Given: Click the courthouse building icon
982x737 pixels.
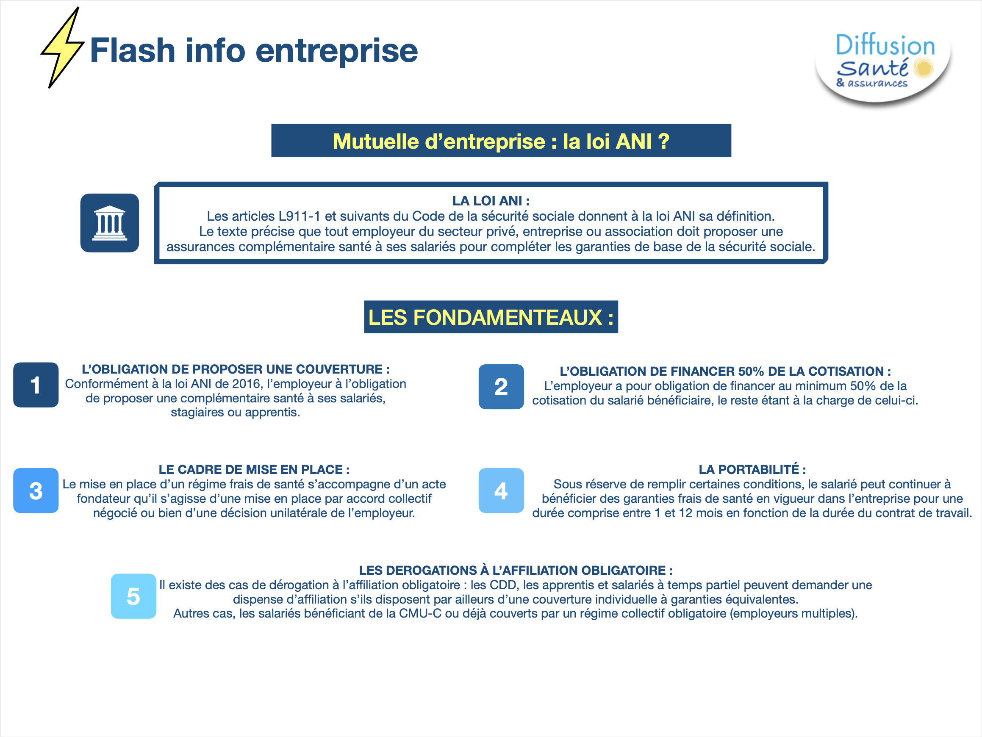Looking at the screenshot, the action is click(x=110, y=223).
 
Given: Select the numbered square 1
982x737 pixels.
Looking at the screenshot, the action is click(x=36, y=385).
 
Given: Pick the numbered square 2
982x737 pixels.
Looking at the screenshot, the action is click(x=501, y=387).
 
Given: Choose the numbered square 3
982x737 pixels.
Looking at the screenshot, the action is click(x=36, y=490).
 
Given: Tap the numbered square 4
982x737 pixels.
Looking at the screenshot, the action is click(x=501, y=490).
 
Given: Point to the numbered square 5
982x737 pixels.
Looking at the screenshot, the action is click(x=133, y=596).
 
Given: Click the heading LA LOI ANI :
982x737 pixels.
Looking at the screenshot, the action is click(x=491, y=201).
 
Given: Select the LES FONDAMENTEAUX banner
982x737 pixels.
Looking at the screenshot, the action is click(x=491, y=317).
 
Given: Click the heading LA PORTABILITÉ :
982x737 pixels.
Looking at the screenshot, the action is click(x=752, y=469).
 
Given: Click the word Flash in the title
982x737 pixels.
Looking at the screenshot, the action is click(x=133, y=50).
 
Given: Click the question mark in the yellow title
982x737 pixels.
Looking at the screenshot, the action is click(x=663, y=141).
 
